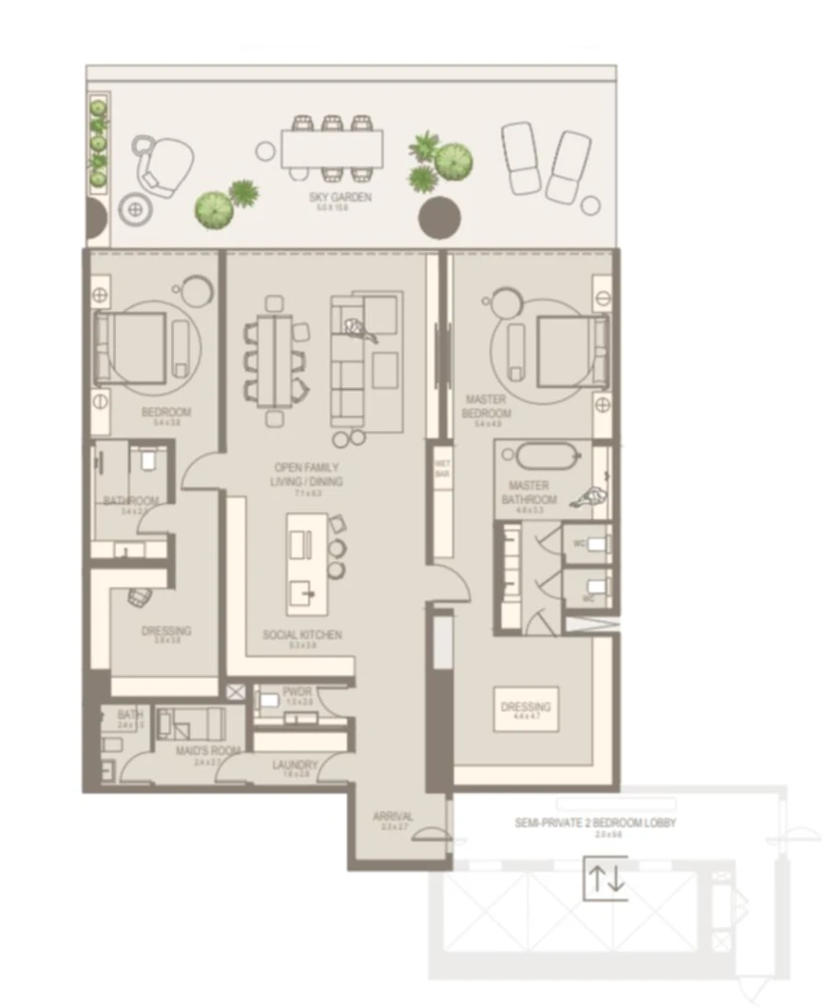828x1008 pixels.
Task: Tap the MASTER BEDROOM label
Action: pyautogui.click(x=487, y=407)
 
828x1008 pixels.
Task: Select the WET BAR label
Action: pyautogui.click(x=442, y=468)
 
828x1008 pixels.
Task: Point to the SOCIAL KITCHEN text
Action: pyautogui.click(x=302, y=635)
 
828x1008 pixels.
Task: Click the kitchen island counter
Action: pyautogui.click(x=308, y=564)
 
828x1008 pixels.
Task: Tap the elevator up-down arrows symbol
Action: pyautogui.click(x=605, y=878)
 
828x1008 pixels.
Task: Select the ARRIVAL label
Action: pyautogui.click(x=393, y=816)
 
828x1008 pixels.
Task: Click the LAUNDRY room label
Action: pyautogui.click(x=294, y=764)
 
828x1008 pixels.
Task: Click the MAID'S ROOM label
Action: pyautogui.click(x=207, y=750)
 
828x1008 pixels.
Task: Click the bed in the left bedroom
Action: pyautogui.click(x=132, y=347)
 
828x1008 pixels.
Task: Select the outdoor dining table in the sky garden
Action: pyautogui.click(x=331, y=147)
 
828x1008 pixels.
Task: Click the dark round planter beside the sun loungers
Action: pyautogui.click(x=440, y=218)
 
